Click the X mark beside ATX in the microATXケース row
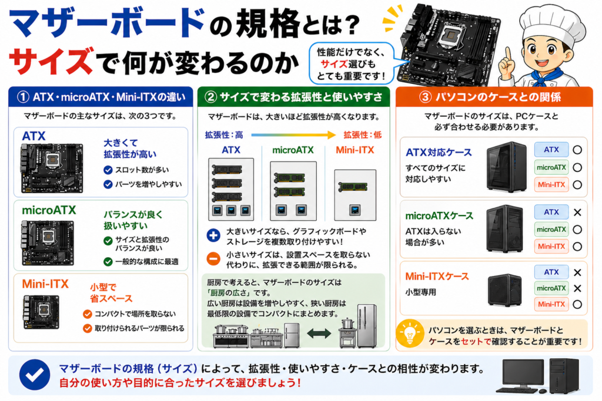click(x=577, y=212)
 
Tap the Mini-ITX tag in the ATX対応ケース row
click(x=551, y=185)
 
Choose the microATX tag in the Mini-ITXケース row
click(x=551, y=288)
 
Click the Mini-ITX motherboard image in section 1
click(x=41, y=311)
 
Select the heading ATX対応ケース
click(x=439, y=153)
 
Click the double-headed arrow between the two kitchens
click(x=319, y=333)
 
